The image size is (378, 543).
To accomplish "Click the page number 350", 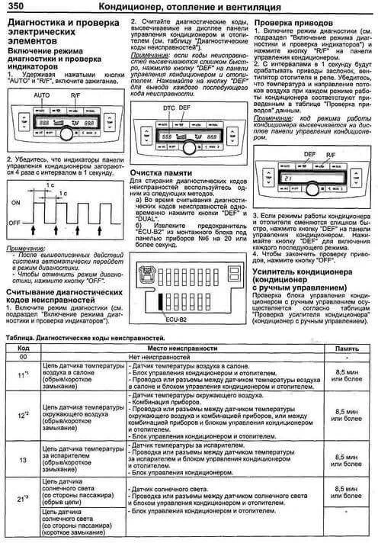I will pos(16,6).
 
